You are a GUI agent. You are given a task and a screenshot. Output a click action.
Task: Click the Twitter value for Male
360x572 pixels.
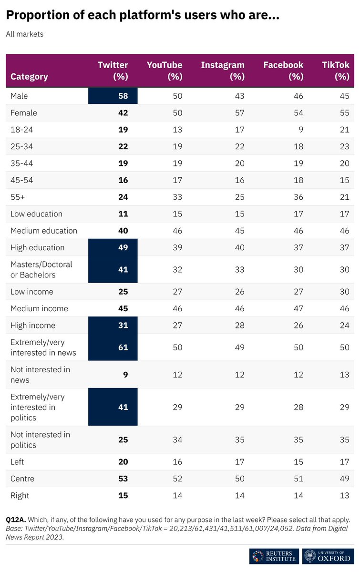pos(123,96)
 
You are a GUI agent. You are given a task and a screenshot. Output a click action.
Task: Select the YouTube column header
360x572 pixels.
pos(164,71)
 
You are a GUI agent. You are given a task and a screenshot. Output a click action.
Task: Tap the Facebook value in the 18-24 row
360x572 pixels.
pos(298,130)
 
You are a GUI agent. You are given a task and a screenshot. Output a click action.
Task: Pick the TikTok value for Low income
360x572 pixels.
pos(344,292)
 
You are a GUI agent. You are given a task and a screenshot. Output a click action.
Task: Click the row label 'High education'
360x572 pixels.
pos(37,247)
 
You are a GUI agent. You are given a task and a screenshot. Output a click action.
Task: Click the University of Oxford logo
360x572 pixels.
pos(328,556)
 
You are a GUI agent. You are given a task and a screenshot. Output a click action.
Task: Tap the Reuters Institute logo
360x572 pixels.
pos(274,556)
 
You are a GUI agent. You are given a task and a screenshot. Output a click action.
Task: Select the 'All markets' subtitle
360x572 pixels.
pos(24,34)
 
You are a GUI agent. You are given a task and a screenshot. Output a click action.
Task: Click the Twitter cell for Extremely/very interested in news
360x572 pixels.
pos(123,347)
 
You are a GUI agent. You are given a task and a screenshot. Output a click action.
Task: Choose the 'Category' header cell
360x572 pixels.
pos(29,76)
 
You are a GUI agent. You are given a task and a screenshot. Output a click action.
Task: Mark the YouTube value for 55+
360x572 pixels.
pos(177,197)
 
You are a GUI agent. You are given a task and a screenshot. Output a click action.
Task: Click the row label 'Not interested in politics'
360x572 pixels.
pos(40,439)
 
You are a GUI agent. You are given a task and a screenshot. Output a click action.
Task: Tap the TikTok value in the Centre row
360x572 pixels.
pos(344,479)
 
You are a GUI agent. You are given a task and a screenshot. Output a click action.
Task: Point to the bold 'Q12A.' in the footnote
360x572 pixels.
pos(16,519)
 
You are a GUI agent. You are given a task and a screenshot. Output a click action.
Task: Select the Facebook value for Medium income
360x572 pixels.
pos(298,308)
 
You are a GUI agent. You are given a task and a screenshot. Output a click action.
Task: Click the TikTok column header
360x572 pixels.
pos(336,71)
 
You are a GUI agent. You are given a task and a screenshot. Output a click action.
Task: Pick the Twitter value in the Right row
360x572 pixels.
pos(123,495)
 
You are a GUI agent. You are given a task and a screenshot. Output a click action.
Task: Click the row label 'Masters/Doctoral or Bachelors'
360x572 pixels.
pos(41,269)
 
